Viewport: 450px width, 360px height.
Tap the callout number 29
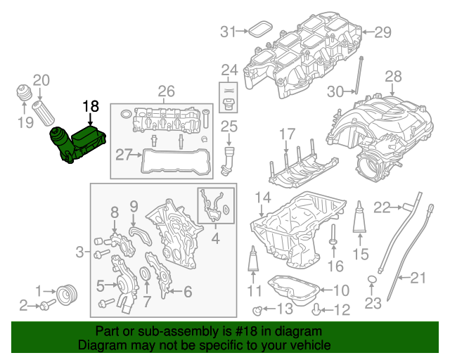point(382,32)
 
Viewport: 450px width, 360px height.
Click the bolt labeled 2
point(48,305)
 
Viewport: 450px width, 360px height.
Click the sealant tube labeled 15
point(359,220)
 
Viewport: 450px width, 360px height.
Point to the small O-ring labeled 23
point(372,283)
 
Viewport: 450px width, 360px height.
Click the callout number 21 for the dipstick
point(418,278)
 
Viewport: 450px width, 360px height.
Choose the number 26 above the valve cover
point(166,91)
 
